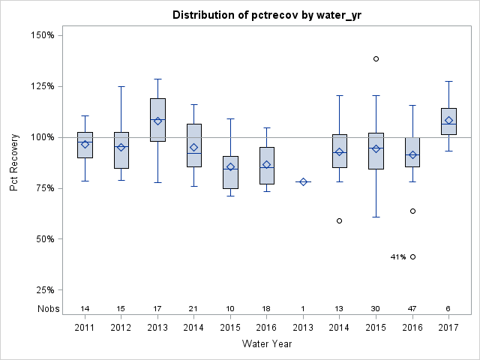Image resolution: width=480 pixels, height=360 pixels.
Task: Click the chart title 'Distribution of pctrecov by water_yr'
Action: [x=265, y=15]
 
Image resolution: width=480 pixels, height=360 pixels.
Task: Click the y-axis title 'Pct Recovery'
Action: [x=15, y=163]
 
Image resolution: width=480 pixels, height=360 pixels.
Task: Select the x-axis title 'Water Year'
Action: [x=266, y=343]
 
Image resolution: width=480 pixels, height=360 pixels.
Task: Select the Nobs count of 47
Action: [x=412, y=308]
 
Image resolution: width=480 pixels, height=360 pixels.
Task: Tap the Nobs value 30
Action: [x=376, y=308]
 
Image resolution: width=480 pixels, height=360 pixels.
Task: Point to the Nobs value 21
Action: [x=194, y=308]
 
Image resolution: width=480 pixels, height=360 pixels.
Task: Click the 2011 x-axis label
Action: [x=85, y=327]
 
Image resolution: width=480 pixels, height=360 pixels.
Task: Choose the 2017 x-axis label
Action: [x=448, y=327]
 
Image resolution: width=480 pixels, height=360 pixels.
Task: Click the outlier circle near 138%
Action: [x=376, y=58]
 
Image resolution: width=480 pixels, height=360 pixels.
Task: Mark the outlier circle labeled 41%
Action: [x=412, y=256]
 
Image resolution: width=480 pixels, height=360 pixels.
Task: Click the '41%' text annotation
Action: [x=397, y=256]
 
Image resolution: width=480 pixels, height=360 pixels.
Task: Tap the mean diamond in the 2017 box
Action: [x=448, y=120]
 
